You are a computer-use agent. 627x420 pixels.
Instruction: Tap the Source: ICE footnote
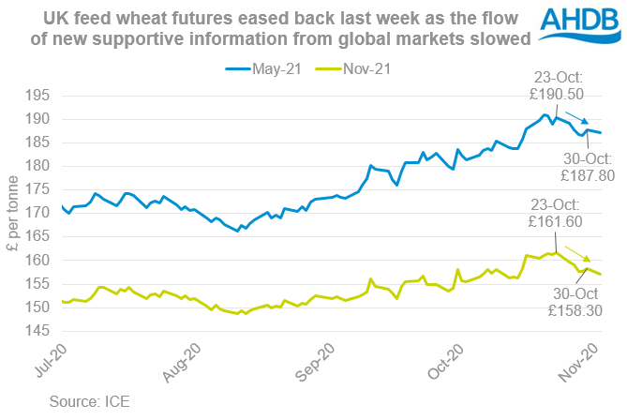pos(91,400)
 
